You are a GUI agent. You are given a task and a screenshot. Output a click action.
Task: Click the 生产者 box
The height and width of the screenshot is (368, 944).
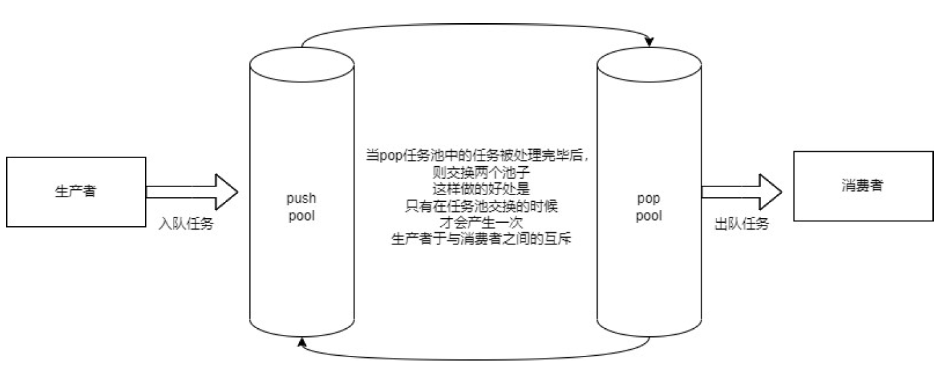pos(76,191)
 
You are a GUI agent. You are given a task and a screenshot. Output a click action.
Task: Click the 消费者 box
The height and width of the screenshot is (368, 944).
pos(862,186)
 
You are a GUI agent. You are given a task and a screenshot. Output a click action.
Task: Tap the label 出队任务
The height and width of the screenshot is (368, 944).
pos(741,225)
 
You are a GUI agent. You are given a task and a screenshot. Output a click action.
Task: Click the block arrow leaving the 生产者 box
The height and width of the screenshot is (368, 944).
pos(192,192)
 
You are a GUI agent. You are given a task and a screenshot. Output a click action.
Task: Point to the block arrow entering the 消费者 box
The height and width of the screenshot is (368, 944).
pos(741,192)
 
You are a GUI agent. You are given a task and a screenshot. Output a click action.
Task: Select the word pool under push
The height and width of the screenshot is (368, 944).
pos(302,216)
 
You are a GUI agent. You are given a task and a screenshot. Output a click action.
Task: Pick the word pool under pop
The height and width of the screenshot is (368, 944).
pos(648,216)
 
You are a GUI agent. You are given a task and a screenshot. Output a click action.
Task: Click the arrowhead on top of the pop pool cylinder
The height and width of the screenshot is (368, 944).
pos(649,43)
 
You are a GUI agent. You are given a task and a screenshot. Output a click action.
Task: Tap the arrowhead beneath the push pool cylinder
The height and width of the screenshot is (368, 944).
pos(301,344)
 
